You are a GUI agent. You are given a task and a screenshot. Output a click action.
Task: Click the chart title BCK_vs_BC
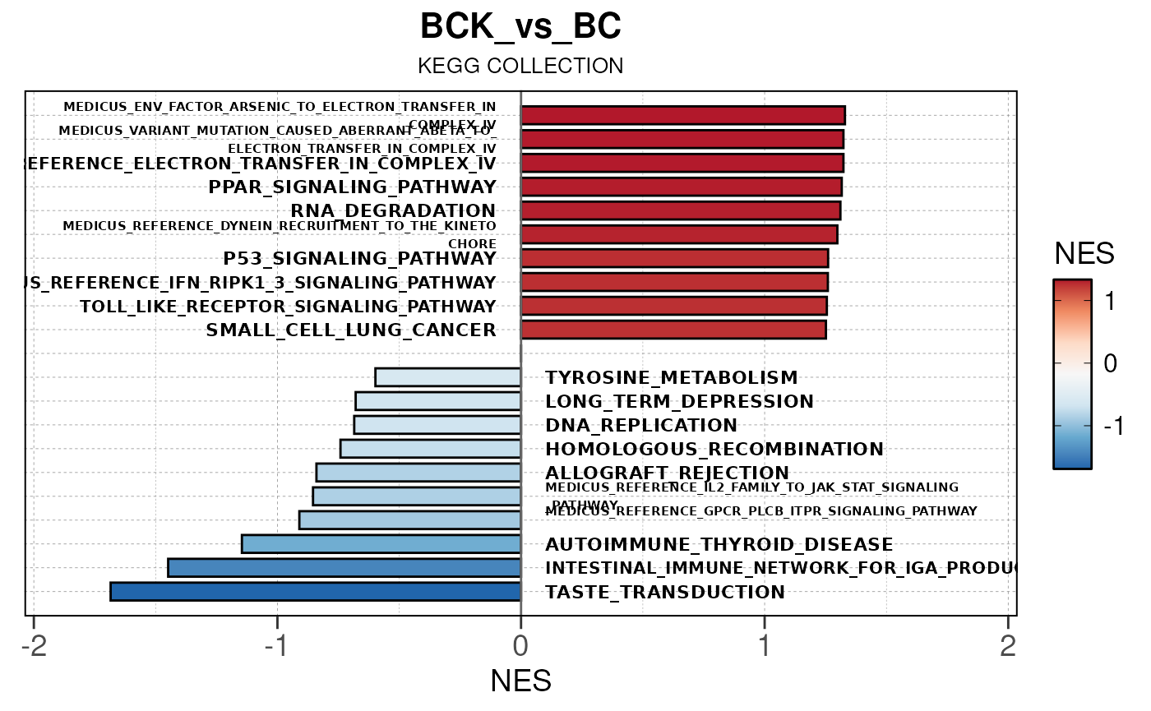(x=520, y=27)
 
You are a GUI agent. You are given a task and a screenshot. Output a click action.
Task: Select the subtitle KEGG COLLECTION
(x=520, y=66)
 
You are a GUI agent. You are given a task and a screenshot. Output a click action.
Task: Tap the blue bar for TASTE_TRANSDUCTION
(x=315, y=592)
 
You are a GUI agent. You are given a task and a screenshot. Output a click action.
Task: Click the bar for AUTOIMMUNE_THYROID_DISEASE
(x=381, y=544)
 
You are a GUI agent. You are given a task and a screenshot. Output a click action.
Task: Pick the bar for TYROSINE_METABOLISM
(x=447, y=377)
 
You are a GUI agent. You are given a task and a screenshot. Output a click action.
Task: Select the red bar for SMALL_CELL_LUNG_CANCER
(x=673, y=330)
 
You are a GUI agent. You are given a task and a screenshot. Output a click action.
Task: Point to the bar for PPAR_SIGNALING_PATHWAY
(x=681, y=187)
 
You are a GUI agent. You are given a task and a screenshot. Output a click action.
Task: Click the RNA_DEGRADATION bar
(x=680, y=210)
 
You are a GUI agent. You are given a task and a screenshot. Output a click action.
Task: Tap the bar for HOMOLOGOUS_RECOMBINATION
(x=430, y=449)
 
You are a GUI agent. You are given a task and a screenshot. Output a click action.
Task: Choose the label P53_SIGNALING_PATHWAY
(x=359, y=259)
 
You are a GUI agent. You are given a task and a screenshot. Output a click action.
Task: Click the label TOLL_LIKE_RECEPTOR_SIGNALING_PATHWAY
(x=288, y=307)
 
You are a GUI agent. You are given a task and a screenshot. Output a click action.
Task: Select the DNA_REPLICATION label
(x=641, y=426)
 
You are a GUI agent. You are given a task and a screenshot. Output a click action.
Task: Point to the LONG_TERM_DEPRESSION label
(x=679, y=402)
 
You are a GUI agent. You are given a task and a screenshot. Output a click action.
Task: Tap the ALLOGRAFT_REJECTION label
(x=667, y=473)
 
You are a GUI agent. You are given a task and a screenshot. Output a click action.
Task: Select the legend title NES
(x=1084, y=254)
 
